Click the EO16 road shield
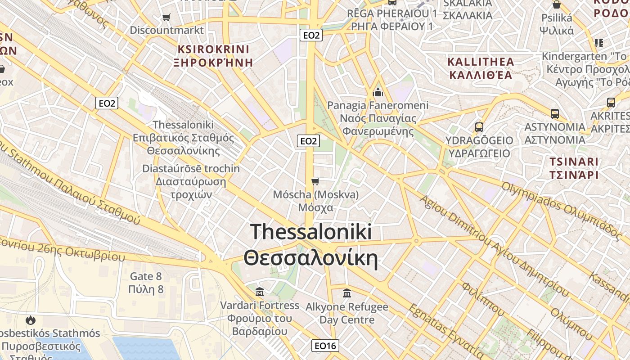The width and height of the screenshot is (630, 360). click(x=325, y=346)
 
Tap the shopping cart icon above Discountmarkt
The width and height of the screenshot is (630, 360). click(x=166, y=18)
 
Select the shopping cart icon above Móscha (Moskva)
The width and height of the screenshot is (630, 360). click(x=315, y=181)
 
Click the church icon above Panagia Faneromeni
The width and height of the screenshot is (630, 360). click(x=378, y=92)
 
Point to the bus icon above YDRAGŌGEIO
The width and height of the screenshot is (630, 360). click(x=479, y=127)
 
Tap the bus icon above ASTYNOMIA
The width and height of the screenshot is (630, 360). click(x=555, y=113)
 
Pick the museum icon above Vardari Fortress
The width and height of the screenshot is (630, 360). click(x=259, y=292)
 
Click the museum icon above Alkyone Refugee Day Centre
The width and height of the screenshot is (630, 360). click(x=347, y=293)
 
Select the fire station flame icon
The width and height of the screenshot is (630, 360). click(x=31, y=320)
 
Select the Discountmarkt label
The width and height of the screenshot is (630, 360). click(x=166, y=30)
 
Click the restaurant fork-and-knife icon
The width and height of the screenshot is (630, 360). click(x=598, y=43)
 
